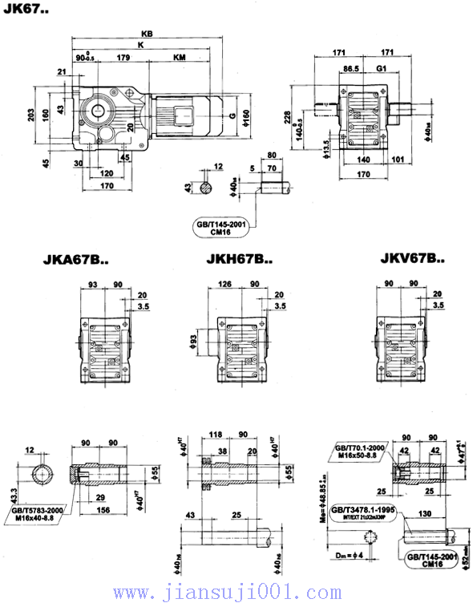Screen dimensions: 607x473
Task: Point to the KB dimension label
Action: point(146,34)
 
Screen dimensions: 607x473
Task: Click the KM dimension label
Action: point(180,58)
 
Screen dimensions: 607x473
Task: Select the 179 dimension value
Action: point(123,58)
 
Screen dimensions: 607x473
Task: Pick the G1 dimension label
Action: point(382,69)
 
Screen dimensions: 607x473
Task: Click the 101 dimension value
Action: point(398,159)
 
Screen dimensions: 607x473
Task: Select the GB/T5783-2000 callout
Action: point(36,510)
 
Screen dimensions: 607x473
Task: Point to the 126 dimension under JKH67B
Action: point(225,283)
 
